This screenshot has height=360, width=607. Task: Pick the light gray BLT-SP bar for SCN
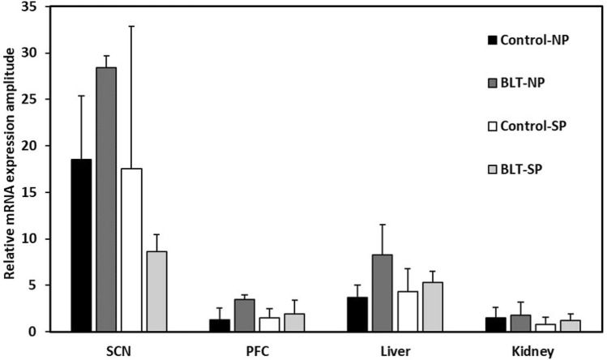(x=156, y=291)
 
